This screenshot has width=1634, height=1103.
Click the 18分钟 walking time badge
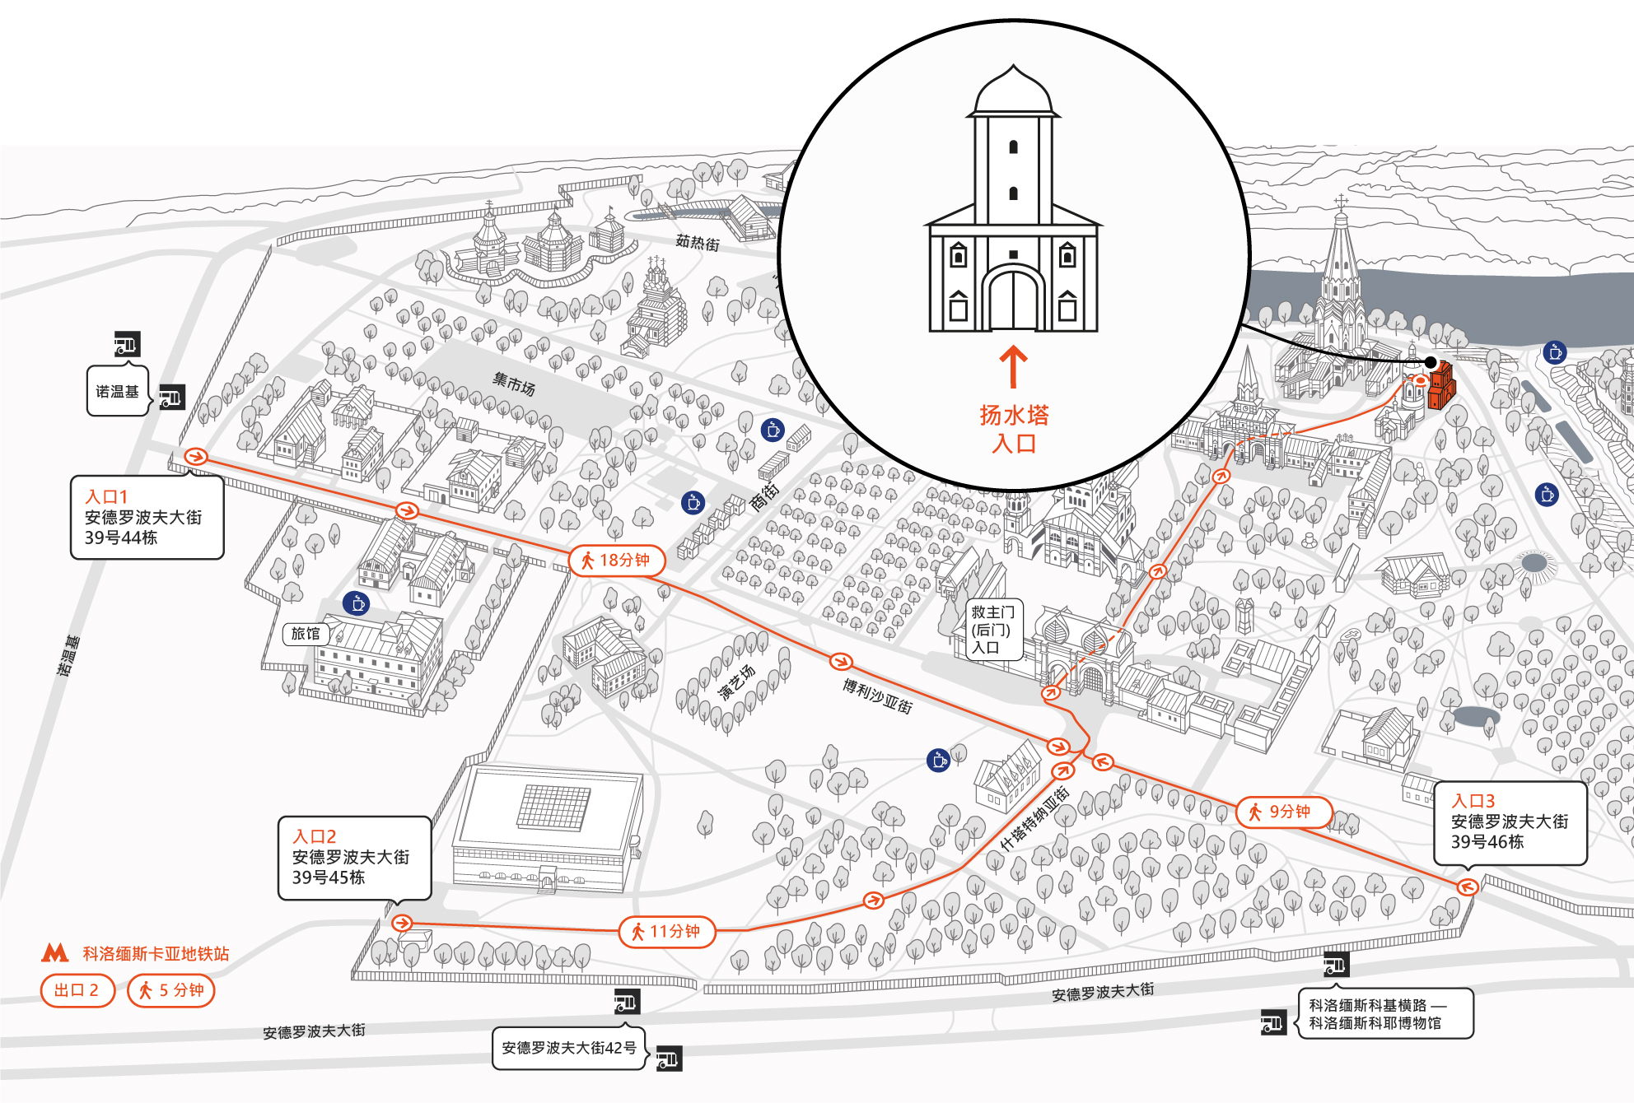coord(617,561)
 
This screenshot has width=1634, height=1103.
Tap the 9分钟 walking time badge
coord(1284,812)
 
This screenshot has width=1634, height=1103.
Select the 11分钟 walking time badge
coord(667,932)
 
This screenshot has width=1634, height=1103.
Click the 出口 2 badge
coord(77,990)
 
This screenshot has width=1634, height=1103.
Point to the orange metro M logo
coord(55,953)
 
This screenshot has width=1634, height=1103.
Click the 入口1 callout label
coord(147,517)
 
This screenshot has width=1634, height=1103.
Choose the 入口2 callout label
coord(354,857)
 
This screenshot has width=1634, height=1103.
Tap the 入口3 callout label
coord(1510,821)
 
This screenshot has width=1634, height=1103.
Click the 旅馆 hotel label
coord(306,634)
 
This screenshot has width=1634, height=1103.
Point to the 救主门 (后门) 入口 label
coord(993,630)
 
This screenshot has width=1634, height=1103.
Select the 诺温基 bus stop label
coord(118,392)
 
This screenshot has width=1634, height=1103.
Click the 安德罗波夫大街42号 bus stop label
coord(569,1048)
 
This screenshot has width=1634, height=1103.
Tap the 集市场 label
coord(514,384)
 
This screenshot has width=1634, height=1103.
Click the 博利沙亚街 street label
coord(877,696)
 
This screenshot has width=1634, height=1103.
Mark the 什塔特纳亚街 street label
coord(1034,818)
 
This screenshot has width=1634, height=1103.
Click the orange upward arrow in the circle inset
coord(1014,366)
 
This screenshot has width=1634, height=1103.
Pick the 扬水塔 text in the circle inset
coord(1014,415)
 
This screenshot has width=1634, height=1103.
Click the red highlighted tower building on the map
coord(1441,386)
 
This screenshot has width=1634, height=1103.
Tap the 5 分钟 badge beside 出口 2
coord(171,990)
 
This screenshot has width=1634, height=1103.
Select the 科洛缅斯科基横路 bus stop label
coord(1368,1005)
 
